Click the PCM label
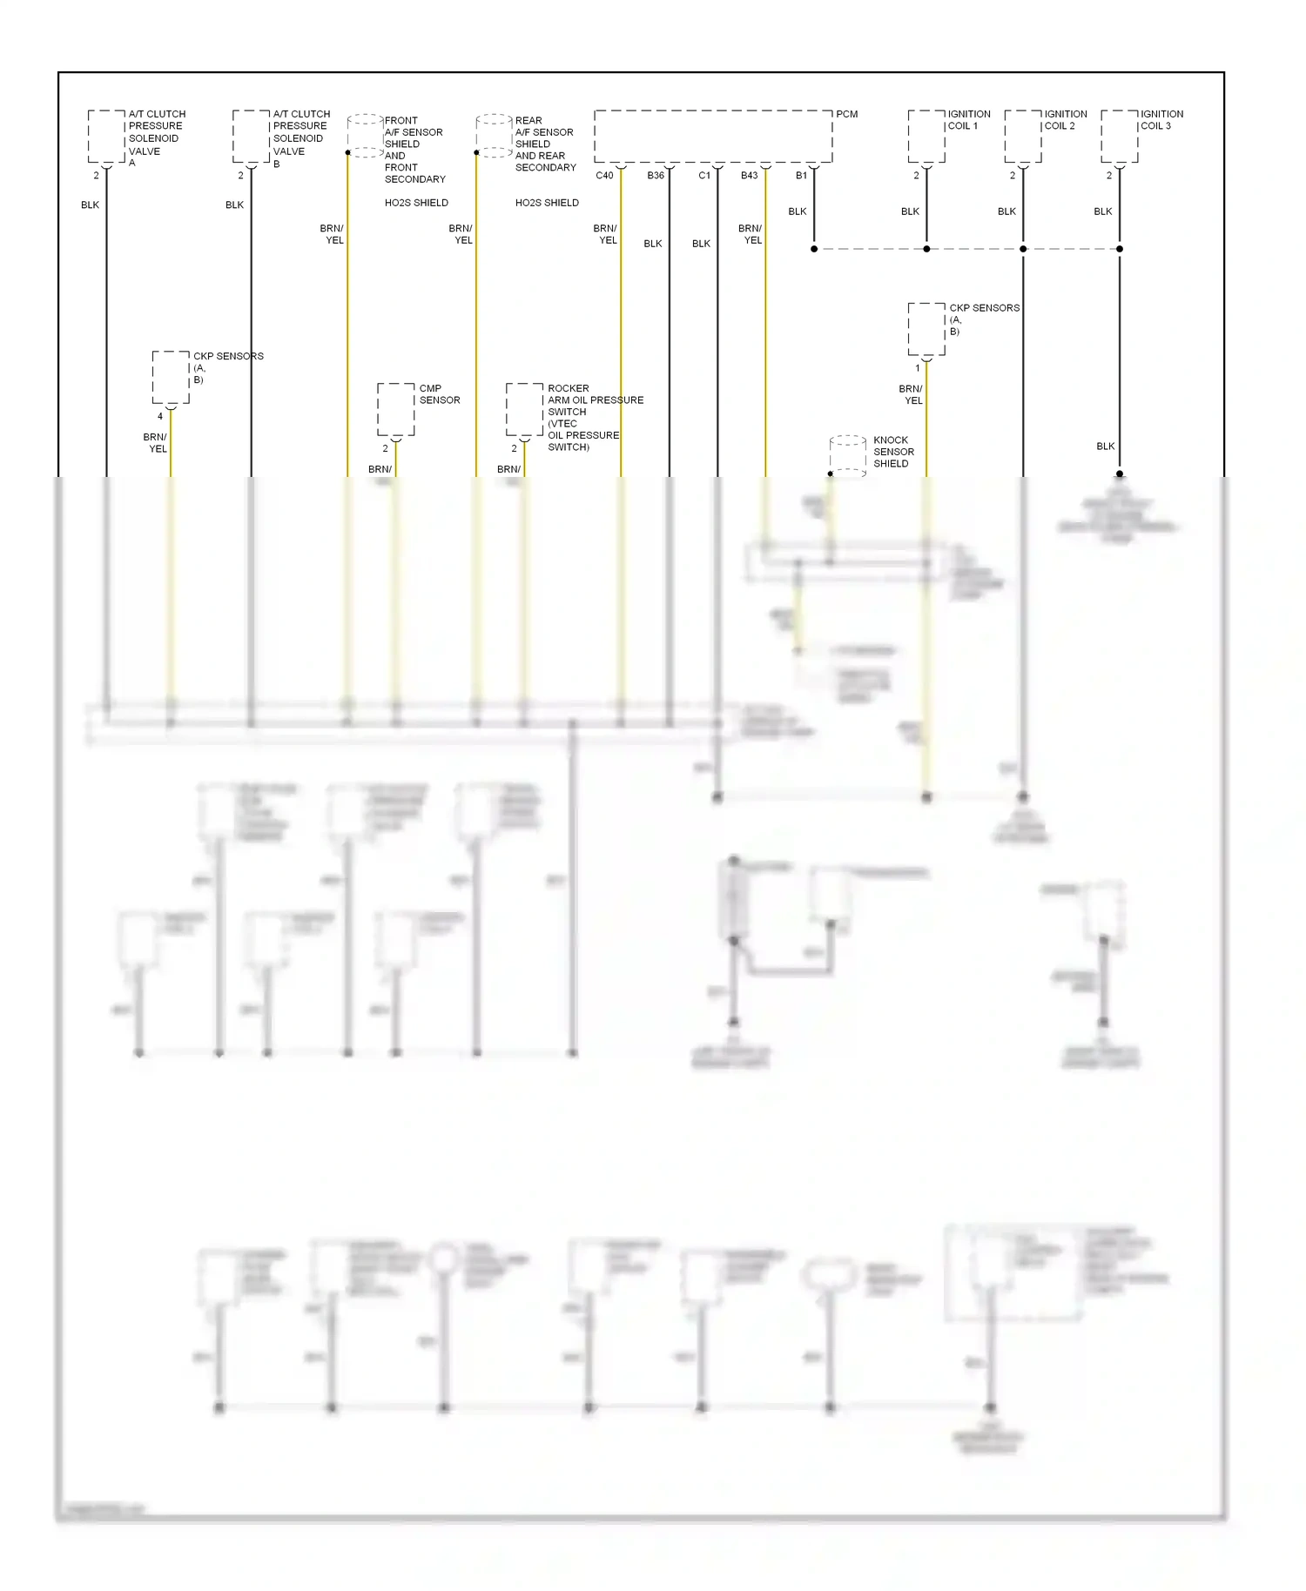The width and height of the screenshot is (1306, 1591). [x=846, y=114]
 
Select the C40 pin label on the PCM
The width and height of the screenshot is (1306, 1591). [x=604, y=176]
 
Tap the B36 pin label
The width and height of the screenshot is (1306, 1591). [x=656, y=176]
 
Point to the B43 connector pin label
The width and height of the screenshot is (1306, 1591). [x=749, y=176]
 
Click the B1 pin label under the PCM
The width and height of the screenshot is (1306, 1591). [x=801, y=176]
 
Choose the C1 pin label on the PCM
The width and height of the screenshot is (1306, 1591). [x=704, y=176]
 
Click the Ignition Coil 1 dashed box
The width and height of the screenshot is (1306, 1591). [x=926, y=136]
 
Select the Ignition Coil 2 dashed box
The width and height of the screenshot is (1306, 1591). [x=1023, y=136]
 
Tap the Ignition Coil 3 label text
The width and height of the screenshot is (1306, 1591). [x=1161, y=120]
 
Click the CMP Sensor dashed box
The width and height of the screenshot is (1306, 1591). [x=395, y=409]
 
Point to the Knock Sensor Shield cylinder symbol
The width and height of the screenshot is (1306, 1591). [x=848, y=455]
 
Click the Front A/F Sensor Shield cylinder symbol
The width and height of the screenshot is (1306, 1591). [x=366, y=135]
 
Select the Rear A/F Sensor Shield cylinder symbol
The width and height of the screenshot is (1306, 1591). [x=495, y=135]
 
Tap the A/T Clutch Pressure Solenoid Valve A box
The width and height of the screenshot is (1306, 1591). [x=106, y=136]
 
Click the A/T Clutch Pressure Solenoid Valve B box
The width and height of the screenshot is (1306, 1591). [x=251, y=136]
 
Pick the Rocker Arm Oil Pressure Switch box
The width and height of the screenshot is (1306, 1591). [x=524, y=409]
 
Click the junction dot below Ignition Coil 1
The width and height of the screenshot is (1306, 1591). [x=926, y=249]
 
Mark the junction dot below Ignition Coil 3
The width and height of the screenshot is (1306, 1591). [x=1120, y=249]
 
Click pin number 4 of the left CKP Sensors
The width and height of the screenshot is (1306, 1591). [x=160, y=417]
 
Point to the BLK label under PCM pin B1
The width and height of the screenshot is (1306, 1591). [x=797, y=211]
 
